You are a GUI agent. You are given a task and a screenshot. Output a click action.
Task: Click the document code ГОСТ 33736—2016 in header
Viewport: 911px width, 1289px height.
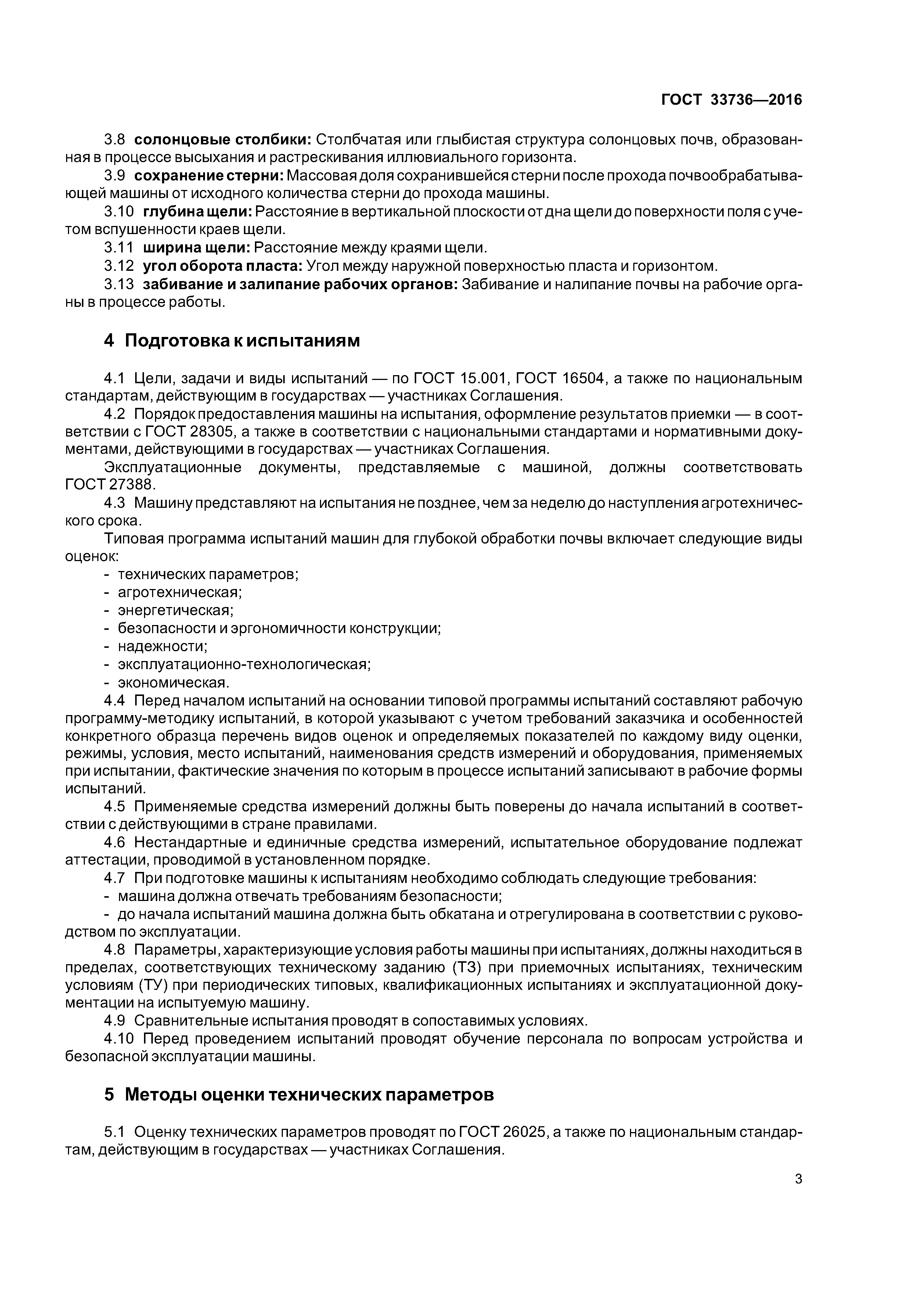tap(731, 100)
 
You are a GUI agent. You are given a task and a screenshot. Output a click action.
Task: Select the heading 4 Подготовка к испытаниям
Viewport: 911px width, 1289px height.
tap(232, 341)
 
